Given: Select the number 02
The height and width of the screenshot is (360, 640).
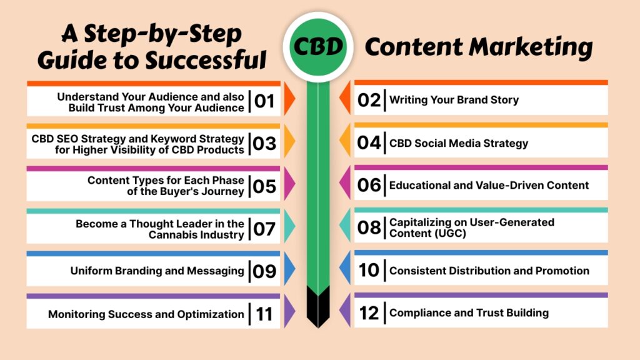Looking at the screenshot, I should point(369,100).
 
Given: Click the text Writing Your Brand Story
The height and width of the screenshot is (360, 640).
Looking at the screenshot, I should point(454,100).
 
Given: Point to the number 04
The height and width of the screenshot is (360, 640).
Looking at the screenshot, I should point(369,143).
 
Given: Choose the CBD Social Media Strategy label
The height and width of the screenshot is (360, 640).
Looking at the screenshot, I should point(458,143).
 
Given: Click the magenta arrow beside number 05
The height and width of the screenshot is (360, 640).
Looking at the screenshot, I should point(289,186).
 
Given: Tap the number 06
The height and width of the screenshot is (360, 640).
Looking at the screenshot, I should point(369,185).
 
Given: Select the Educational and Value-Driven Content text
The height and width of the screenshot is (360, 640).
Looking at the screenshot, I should point(489,185).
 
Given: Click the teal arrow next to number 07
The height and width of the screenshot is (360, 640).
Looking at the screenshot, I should point(289,227).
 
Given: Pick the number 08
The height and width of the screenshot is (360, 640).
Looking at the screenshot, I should point(369,227).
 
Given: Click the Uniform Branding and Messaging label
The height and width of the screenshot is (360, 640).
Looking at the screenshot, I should point(157,271).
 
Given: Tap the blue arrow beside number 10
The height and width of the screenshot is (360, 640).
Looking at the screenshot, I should point(346,270).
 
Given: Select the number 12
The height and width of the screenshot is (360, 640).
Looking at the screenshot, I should point(369,313).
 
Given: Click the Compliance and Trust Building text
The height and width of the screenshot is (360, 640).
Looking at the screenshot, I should point(469,313).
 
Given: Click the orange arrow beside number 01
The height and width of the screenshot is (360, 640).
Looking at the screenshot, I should point(289,101).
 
